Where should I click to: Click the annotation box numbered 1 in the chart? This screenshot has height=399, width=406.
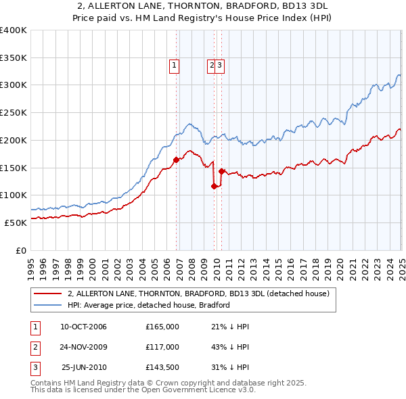point(174,66)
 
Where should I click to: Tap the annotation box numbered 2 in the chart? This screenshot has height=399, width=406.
point(212,66)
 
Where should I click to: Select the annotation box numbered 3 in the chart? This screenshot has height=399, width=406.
point(221,66)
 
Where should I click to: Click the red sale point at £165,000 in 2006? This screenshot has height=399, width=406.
point(176,160)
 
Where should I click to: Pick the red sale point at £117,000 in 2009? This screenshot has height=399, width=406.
point(215,186)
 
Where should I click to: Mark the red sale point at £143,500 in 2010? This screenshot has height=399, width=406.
point(221,171)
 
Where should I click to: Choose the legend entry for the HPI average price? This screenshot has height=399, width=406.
point(148,305)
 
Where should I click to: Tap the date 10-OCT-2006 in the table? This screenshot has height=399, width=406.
point(83,327)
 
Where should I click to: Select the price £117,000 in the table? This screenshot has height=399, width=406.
point(162,347)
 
